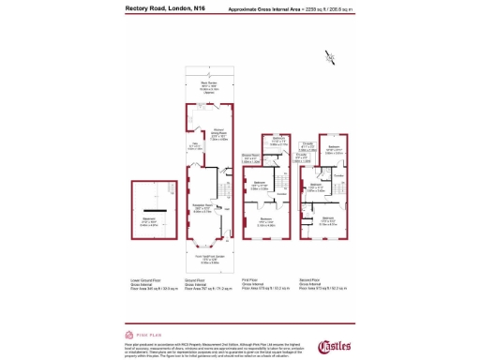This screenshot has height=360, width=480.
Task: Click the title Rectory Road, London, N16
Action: click(166, 8)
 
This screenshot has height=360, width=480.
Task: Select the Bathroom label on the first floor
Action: click(265, 142)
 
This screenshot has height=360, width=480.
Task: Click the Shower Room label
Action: click(250, 157)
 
